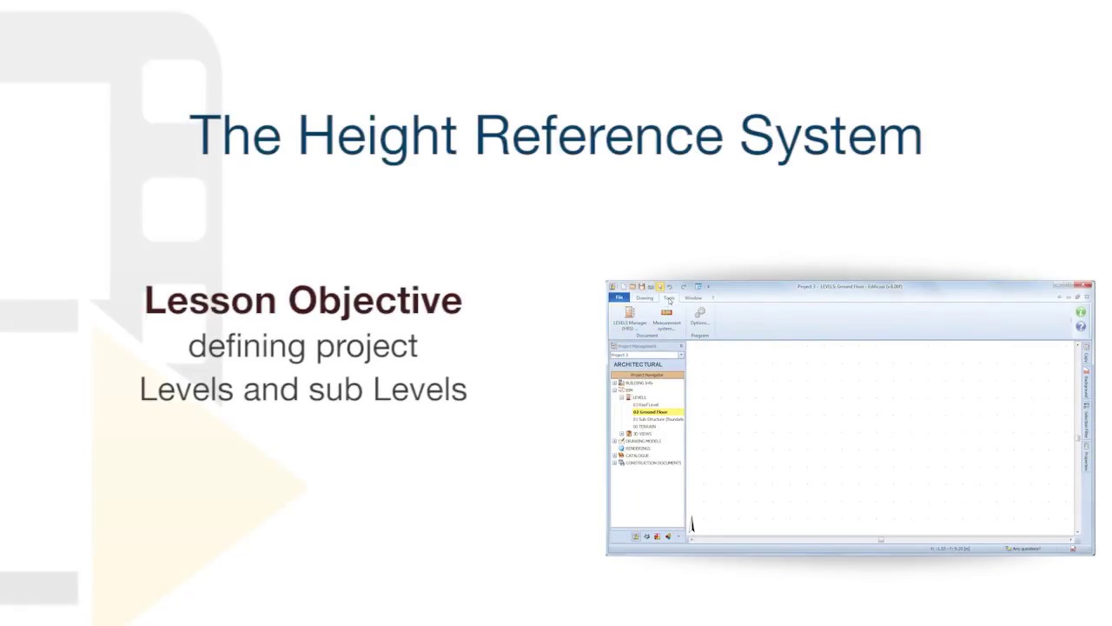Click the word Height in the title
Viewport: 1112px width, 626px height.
click(377, 137)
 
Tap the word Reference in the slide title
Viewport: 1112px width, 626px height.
click(599, 137)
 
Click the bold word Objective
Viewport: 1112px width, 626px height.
click(375, 301)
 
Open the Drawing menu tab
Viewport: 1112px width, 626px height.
click(645, 298)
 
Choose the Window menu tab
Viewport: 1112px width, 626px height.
click(693, 298)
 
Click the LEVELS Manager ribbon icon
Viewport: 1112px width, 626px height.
click(630, 314)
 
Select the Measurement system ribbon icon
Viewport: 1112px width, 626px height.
click(666, 314)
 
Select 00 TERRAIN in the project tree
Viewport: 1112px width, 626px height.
click(645, 427)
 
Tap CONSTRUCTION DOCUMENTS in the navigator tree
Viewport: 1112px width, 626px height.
click(652, 463)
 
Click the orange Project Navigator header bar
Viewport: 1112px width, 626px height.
click(647, 375)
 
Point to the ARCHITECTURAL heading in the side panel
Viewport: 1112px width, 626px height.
click(638, 364)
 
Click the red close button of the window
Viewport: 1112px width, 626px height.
click(1087, 285)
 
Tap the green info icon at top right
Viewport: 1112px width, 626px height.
click(1081, 312)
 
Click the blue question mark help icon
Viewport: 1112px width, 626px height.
click(1081, 326)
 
